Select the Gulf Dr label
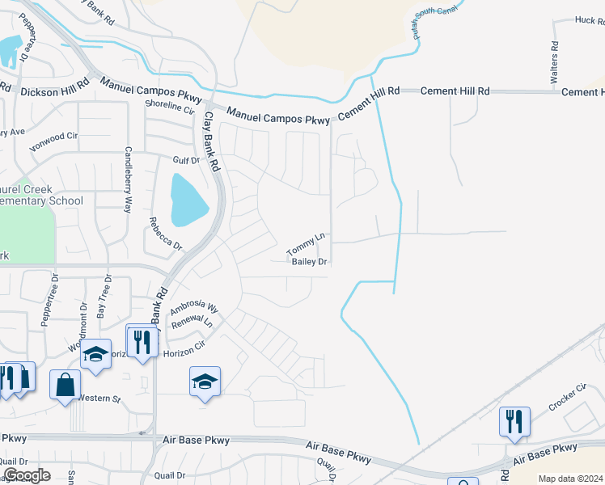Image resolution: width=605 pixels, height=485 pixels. click(185, 161)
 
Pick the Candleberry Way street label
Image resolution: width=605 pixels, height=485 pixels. click(128, 179)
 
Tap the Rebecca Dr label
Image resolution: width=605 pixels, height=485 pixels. click(165, 233)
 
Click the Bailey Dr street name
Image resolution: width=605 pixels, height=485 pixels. click(309, 262)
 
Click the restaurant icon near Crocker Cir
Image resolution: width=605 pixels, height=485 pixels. click(514, 421)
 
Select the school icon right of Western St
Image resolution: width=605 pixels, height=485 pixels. click(205, 381)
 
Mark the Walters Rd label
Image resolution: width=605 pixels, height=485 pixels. click(554, 64)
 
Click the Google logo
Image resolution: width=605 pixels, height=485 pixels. click(27, 475)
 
